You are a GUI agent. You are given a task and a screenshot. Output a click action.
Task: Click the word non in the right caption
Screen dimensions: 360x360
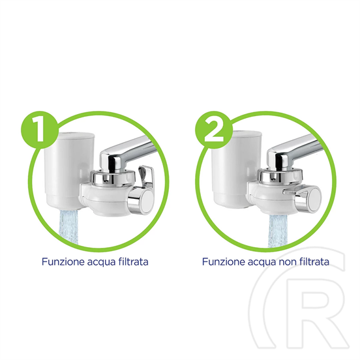coord(290,262)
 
